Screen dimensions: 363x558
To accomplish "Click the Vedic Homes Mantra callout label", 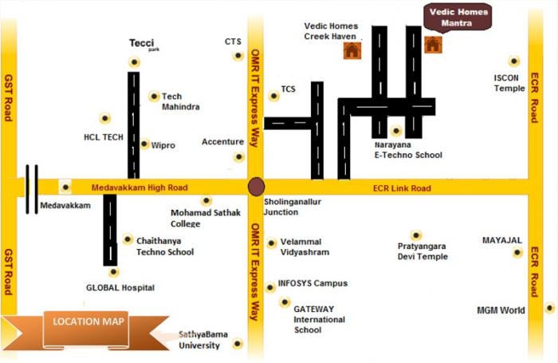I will pos(457,17).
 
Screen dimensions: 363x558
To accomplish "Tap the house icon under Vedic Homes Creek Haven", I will pos(351,51).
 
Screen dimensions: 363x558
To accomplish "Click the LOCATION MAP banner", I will pos(77,322).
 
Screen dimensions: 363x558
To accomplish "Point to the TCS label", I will pos(289,89).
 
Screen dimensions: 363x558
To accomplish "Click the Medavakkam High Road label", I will pos(140,187).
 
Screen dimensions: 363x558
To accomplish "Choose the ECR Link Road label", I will pos(402,188).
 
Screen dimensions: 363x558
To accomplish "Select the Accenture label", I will pos(222,142).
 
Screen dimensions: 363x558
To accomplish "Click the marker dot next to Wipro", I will pos(144,144).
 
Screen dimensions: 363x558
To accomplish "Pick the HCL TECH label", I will pos(104,136).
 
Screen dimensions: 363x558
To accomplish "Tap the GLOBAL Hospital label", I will pos(120,287).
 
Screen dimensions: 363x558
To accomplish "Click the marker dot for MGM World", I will pos(548,308).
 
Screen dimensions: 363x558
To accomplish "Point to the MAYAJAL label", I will pos(502,239).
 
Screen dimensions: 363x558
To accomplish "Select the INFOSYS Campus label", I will pos(312,283).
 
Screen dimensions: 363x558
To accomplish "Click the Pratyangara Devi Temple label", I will pos(422,252).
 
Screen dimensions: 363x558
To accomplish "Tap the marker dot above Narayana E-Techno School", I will pos(396,131).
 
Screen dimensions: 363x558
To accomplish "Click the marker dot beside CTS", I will pos(238,56).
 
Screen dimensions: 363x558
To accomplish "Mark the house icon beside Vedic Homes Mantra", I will pos(433,45).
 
